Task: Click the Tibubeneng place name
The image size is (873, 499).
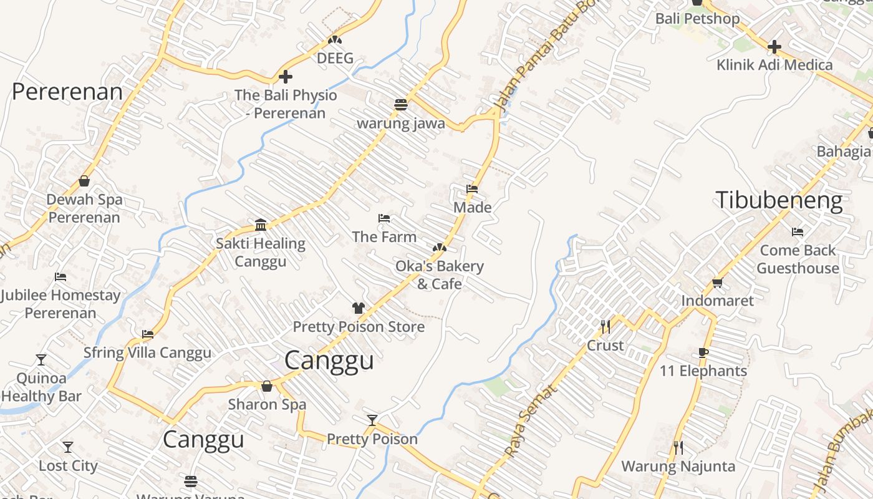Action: (779, 200)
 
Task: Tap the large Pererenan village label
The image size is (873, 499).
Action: (67, 92)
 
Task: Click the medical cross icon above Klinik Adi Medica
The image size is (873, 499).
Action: (774, 47)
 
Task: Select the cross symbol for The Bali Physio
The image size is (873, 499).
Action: (285, 77)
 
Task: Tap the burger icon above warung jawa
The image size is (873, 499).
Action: (400, 105)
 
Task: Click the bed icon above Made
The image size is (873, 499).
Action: (472, 188)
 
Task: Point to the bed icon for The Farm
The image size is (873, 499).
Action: (384, 218)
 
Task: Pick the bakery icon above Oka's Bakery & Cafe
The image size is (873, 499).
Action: (439, 248)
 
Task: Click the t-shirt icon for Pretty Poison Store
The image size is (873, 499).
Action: (359, 308)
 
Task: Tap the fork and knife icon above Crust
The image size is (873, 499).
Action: (605, 326)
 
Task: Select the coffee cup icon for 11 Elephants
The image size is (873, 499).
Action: (703, 352)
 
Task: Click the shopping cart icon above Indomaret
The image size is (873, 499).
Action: (717, 283)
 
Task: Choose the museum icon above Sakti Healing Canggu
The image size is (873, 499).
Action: (261, 225)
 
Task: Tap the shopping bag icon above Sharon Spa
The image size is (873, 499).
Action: (267, 386)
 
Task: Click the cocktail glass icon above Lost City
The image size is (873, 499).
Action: (68, 447)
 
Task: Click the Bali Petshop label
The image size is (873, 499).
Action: (697, 19)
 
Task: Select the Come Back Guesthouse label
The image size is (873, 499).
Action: (799, 259)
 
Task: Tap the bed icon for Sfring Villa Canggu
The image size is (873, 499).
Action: (148, 334)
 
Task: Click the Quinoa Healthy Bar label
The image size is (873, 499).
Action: (41, 387)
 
